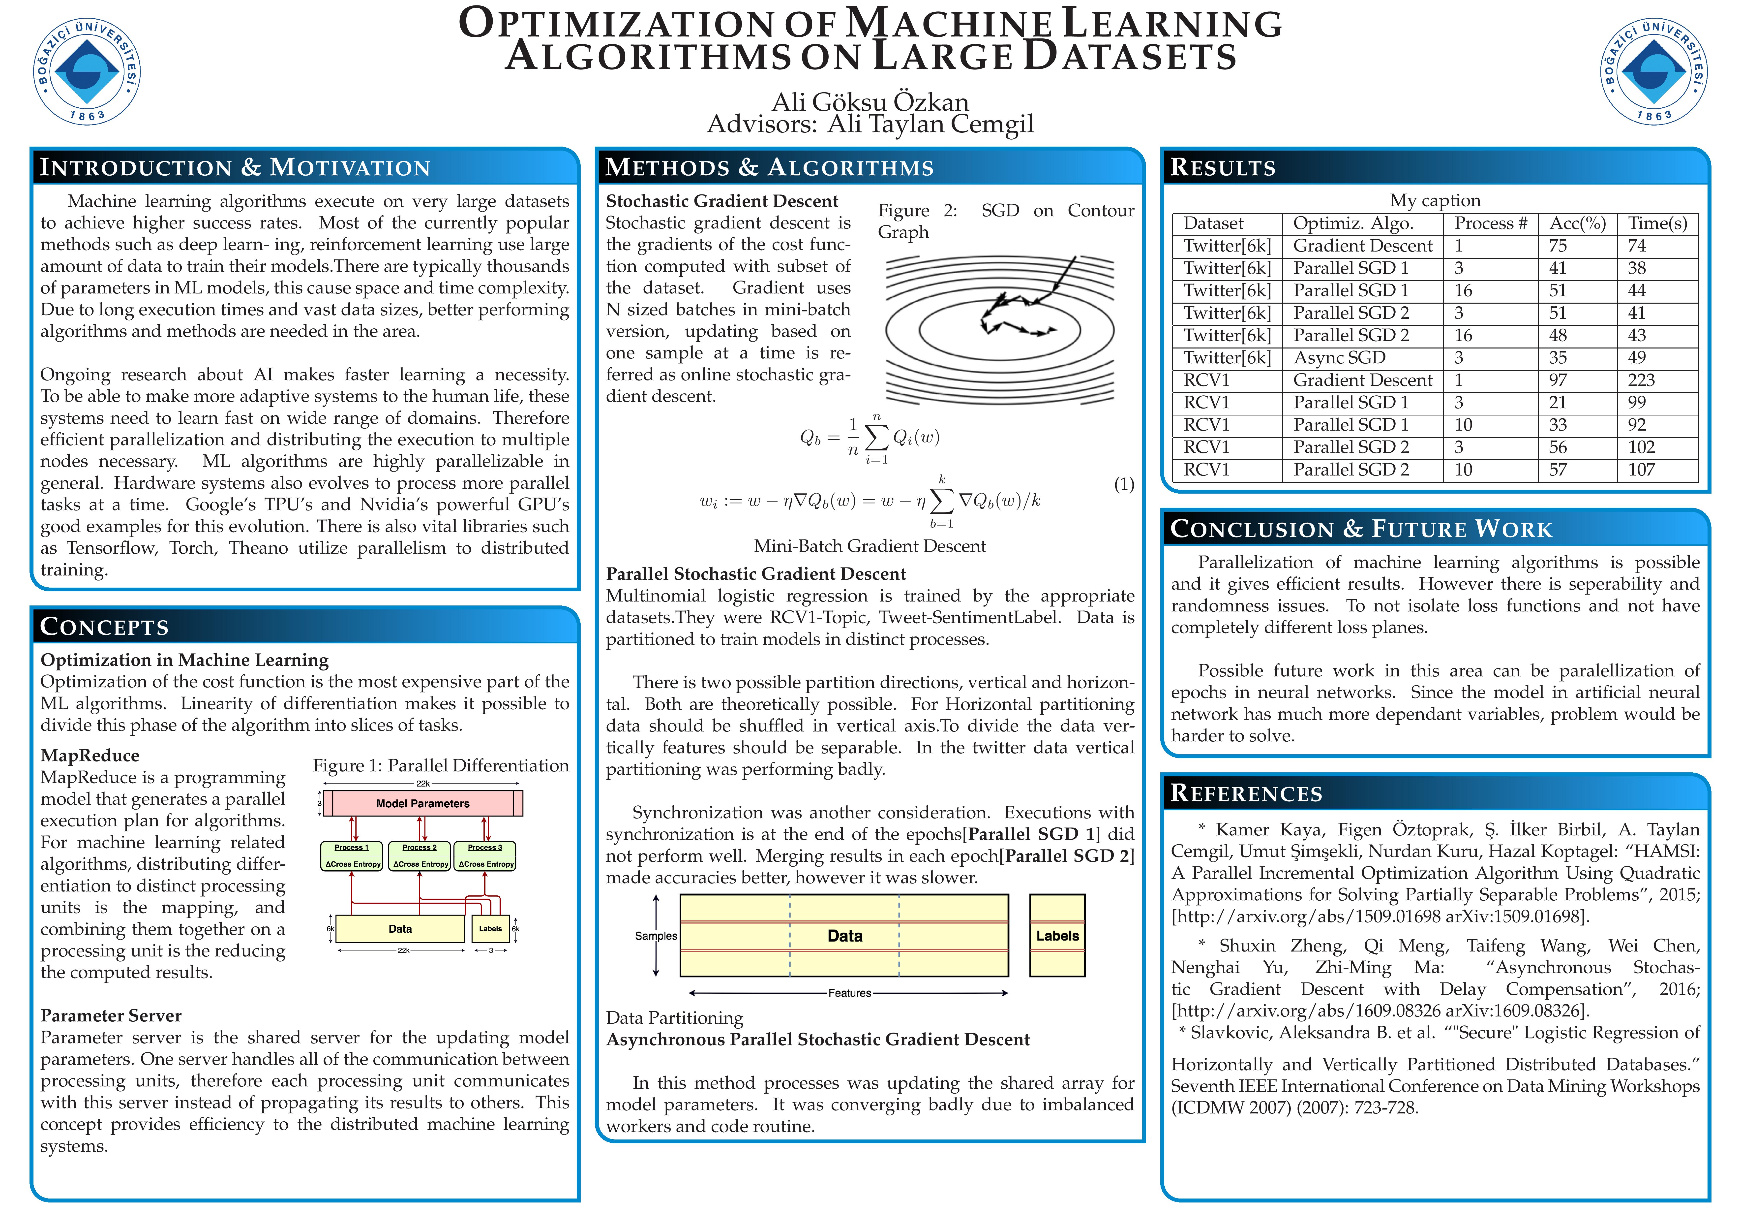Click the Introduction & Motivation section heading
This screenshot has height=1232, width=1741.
pos(235,168)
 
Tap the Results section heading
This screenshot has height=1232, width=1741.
pos(1223,168)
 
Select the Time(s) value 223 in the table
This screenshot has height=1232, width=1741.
pos(1641,380)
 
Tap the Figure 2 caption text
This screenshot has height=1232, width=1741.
pos(1005,221)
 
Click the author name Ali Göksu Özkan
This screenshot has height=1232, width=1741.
pos(870,102)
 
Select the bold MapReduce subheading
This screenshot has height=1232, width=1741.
pos(90,756)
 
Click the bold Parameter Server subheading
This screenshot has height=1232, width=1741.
pos(111,1016)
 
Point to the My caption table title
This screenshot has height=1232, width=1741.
pos(1435,200)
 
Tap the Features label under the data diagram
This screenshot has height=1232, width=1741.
pos(849,993)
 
